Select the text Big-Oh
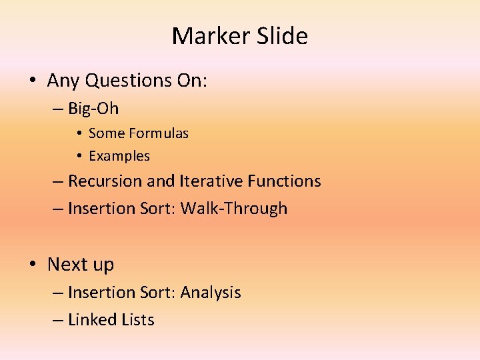click(93, 108)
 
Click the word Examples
click(119, 156)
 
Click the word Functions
click(284, 181)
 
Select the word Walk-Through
click(234, 209)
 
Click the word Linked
click(93, 320)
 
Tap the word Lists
click(138, 320)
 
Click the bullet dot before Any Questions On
click(31, 81)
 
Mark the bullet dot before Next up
click(31, 265)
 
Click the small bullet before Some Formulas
click(78, 134)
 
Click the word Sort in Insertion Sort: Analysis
click(158, 293)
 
